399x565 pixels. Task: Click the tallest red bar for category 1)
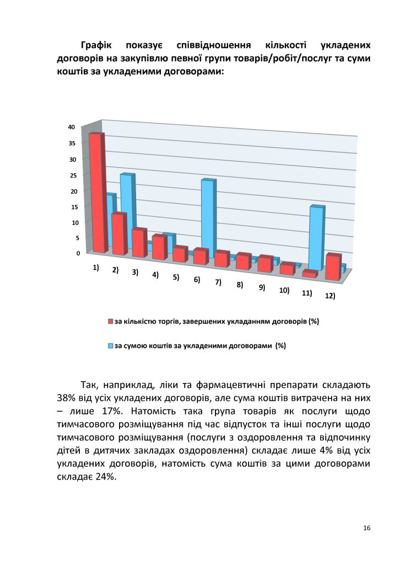click(x=97, y=193)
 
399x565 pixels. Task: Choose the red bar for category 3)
click(x=138, y=243)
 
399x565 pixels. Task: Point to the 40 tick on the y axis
click(x=71, y=127)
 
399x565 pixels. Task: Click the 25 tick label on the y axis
click(x=71, y=175)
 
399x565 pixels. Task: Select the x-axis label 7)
click(x=218, y=282)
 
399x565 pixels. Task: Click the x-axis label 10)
click(x=285, y=290)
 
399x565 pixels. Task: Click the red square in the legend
click(x=110, y=321)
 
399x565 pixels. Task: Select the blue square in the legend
click(x=110, y=346)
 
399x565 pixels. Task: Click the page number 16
click(x=366, y=528)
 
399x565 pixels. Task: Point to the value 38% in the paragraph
click(x=67, y=397)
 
